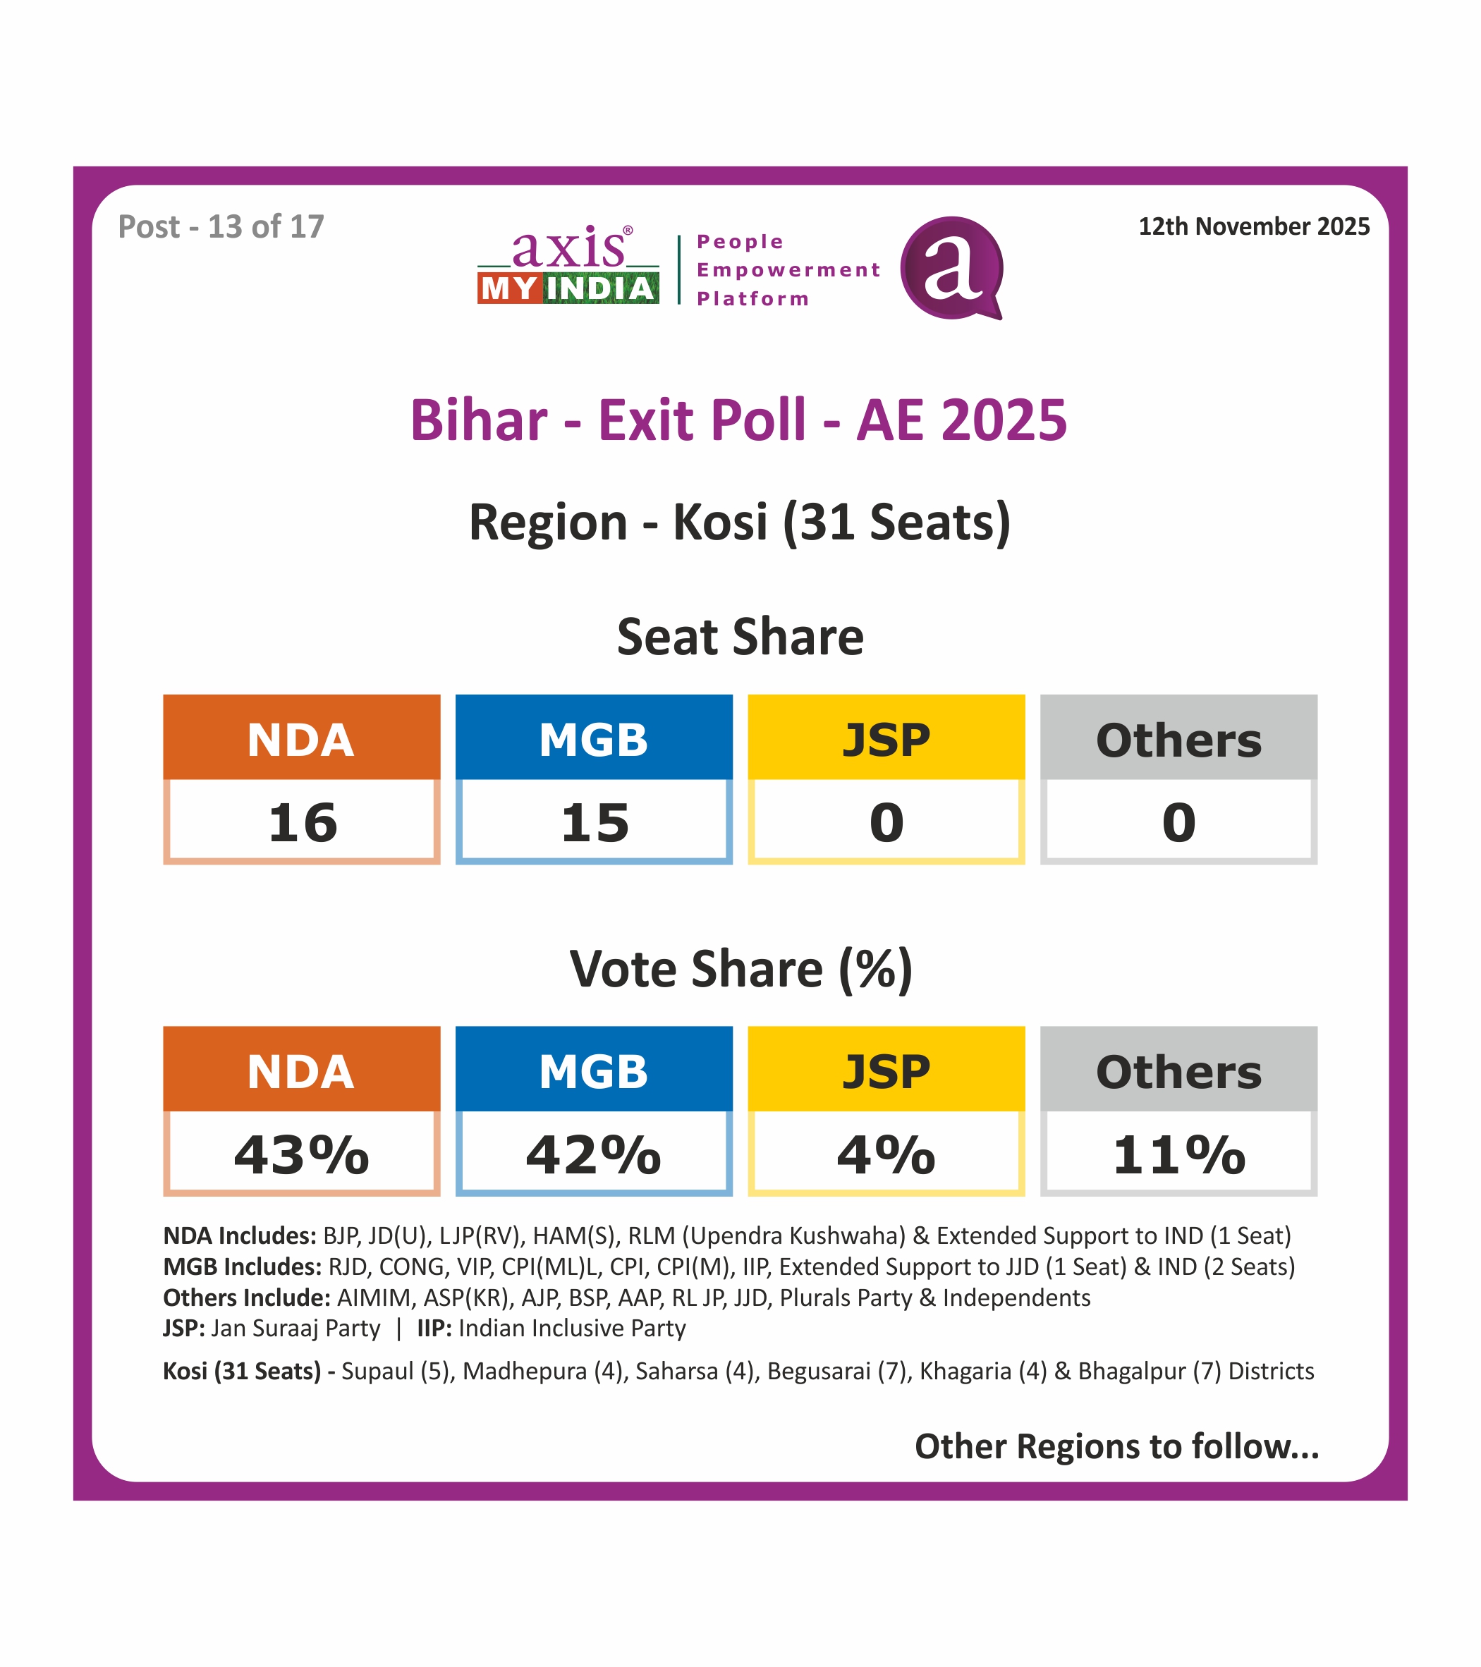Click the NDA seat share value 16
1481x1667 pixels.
tap(302, 822)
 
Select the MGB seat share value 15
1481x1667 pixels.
tap(594, 822)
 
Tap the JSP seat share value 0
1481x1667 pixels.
tap(886, 822)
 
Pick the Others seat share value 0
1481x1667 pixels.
tap(1178, 822)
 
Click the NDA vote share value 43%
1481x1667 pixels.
tap(302, 1154)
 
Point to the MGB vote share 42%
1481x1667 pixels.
tap(594, 1154)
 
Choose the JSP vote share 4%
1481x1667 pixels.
tap(886, 1154)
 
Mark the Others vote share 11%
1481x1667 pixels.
tap(1178, 1154)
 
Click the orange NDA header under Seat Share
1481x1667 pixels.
tap(302, 738)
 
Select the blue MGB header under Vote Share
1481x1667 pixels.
tap(594, 1070)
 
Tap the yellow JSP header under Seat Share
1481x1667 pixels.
tap(886, 738)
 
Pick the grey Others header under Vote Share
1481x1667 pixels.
tap(1178, 1070)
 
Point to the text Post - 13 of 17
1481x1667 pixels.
tap(221, 227)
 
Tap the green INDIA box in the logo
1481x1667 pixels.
tap(600, 288)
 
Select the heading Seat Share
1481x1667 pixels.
tap(740, 637)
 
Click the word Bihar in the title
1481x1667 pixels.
tap(479, 421)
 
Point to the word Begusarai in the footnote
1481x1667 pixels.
tap(818, 1371)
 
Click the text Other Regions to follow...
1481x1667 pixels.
tap(1116, 1446)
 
